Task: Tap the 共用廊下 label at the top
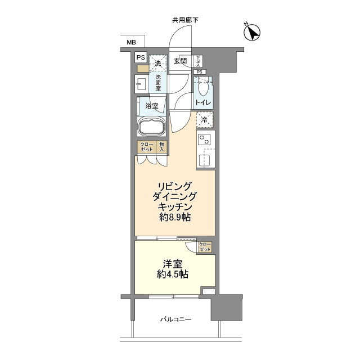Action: point(185,20)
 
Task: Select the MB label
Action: point(130,42)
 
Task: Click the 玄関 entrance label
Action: point(180,61)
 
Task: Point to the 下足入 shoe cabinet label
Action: point(199,61)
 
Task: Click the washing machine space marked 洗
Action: point(158,64)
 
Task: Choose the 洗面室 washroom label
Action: point(158,83)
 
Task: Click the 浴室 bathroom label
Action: point(151,106)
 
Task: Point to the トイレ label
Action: point(202,103)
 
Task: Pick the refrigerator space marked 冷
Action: point(205,119)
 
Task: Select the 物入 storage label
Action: point(161,147)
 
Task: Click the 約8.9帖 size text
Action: point(175,217)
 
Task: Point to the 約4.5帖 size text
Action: point(174,274)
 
